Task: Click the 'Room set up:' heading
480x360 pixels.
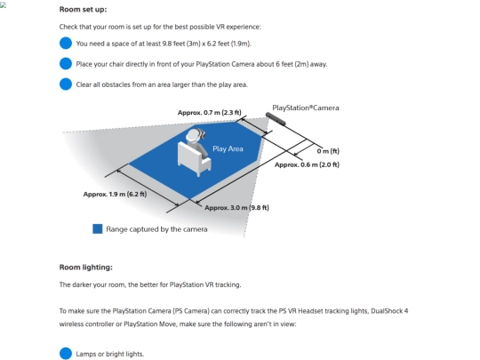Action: tap(83, 10)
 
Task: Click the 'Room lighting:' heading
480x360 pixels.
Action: tap(85, 268)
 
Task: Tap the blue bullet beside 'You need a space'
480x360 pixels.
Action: tap(66, 44)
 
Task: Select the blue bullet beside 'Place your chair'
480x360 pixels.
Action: tap(66, 64)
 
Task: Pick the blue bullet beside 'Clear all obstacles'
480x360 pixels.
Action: tap(66, 84)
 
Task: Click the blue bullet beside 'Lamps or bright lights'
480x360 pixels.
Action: tap(66, 354)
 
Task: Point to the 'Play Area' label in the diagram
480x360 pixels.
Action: tap(228, 148)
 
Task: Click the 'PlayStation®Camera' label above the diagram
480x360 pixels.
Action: tap(306, 108)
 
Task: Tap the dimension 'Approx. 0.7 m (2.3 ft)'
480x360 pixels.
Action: tap(210, 113)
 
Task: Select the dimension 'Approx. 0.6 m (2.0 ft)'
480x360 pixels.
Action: tap(307, 164)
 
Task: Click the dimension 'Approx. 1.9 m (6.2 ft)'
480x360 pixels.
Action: tap(115, 195)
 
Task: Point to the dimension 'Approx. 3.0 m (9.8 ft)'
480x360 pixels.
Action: tap(236, 207)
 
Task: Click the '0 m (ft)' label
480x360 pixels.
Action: tap(328, 151)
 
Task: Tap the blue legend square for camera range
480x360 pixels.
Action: tap(98, 229)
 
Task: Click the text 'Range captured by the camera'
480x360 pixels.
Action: tap(156, 229)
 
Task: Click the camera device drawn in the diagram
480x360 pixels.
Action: tap(276, 119)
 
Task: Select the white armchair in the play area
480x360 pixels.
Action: tap(194, 158)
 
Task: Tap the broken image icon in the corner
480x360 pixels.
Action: tap(3, 5)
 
